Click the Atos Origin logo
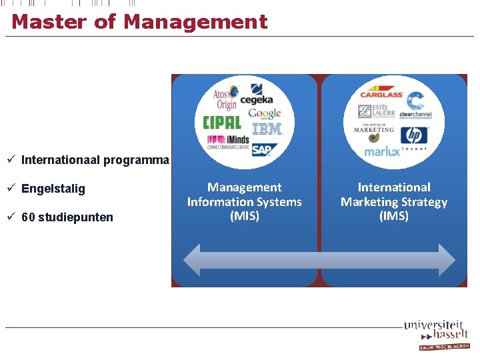click(x=225, y=97)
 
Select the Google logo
click(x=265, y=113)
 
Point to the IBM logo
click(x=267, y=129)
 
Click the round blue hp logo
click(x=415, y=135)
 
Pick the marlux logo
click(x=382, y=151)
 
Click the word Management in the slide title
click(x=195, y=22)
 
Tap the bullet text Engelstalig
click(x=53, y=189)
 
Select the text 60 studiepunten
click(x=67, y=217)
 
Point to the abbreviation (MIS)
click(x=244, y=216)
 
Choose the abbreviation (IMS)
click(x=394, y=216)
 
